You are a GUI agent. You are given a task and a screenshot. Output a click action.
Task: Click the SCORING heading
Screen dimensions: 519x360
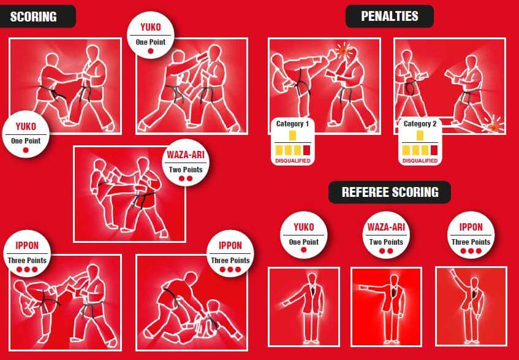click(x=34, y=17)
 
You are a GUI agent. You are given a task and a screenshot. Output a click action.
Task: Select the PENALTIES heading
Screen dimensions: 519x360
click(x=390, y=16)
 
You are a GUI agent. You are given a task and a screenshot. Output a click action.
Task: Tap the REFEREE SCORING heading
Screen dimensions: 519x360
click(x=390, y=192)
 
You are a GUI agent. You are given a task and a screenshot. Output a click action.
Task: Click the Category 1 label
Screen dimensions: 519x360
click(x=292, y=124)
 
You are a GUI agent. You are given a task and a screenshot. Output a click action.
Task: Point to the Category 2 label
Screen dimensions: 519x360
click(x=420, y=124)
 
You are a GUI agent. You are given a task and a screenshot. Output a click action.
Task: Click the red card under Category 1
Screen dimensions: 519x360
click(x=306, y=150)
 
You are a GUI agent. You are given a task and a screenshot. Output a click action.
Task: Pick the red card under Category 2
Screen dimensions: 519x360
click(x=434, y=150)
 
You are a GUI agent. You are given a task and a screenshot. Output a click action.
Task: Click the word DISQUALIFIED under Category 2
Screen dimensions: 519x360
click(x=420, y=161)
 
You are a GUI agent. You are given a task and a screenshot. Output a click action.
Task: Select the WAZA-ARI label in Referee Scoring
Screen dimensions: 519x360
click(x=386, y=227)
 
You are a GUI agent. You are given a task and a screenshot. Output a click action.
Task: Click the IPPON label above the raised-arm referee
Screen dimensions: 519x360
click(x=471, y=227)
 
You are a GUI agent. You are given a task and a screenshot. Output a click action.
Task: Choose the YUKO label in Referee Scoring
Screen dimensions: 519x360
click(x=303, y=227)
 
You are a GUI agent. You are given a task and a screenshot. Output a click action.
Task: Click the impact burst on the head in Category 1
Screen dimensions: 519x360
click(x=343, y=50)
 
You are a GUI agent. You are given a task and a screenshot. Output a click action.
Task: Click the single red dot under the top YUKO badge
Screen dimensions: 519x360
click(x=151, y=51)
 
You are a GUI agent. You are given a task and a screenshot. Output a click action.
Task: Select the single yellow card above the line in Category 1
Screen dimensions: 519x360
click(x=292, y=136)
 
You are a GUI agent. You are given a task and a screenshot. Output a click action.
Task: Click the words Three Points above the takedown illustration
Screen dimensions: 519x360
click(x=230, y=260)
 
